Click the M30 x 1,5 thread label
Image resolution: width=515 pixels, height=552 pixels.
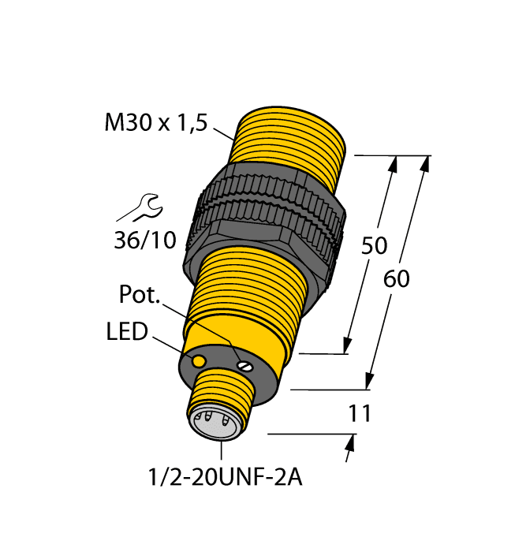tap(155, 122)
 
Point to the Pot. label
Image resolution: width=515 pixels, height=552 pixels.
tap(140, 296)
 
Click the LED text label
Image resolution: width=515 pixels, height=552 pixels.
tap(127, 332)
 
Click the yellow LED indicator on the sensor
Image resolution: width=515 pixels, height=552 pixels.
tap(200, 360)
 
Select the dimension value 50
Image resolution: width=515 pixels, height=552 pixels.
tap(374, 246)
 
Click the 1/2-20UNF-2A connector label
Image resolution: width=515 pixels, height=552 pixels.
tap(222, 476)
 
